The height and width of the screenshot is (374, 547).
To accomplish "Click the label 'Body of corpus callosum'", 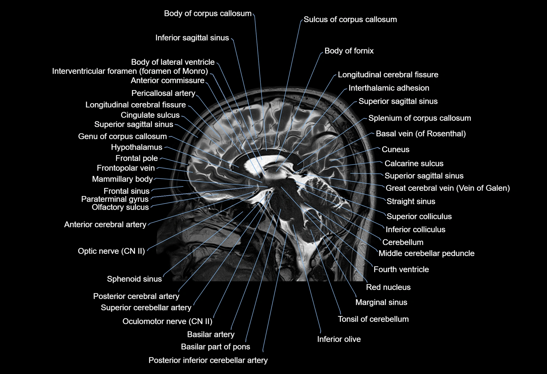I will (x=208, y=13).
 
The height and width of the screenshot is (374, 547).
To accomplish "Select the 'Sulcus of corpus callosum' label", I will (x=350, y=20).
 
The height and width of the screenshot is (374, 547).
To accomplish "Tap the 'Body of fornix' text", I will (x=349, y=51).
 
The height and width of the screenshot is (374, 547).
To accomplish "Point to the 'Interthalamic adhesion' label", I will (x=389, y=88).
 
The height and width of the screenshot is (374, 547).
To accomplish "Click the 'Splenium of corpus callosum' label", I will (x=419, y=118).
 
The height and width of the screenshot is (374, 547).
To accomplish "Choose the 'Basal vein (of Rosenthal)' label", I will (x=421, y=134).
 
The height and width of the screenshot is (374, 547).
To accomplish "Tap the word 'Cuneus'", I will (x=395, y=149).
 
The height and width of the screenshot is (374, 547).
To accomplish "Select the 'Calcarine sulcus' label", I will (x=414, y=163).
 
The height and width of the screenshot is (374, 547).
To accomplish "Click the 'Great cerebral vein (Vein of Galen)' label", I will (x=447, y=188).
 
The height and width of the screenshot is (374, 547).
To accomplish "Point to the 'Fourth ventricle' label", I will (x=401, y=269).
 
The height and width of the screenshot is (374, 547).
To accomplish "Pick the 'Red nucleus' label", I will (x=388, y=287).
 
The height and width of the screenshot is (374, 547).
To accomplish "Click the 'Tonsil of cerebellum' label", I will (x=373, y=319).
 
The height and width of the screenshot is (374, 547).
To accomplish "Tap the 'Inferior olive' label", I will (x=339, y=339).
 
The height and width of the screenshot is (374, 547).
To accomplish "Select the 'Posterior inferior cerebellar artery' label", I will (x=208, y=360).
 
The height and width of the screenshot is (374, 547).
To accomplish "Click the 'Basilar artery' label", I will (x=211, y=334).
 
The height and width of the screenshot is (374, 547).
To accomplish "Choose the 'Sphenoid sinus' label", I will (x=134, y=279).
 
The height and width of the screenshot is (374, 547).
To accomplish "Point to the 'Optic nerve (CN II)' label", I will (x=111, y=251).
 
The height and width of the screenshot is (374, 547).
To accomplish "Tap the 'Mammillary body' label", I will (x=122, y=179).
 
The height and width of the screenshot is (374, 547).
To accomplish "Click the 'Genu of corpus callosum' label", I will (x=122, y=136).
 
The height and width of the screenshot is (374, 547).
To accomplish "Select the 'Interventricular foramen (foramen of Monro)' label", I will (x=130, y=71).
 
